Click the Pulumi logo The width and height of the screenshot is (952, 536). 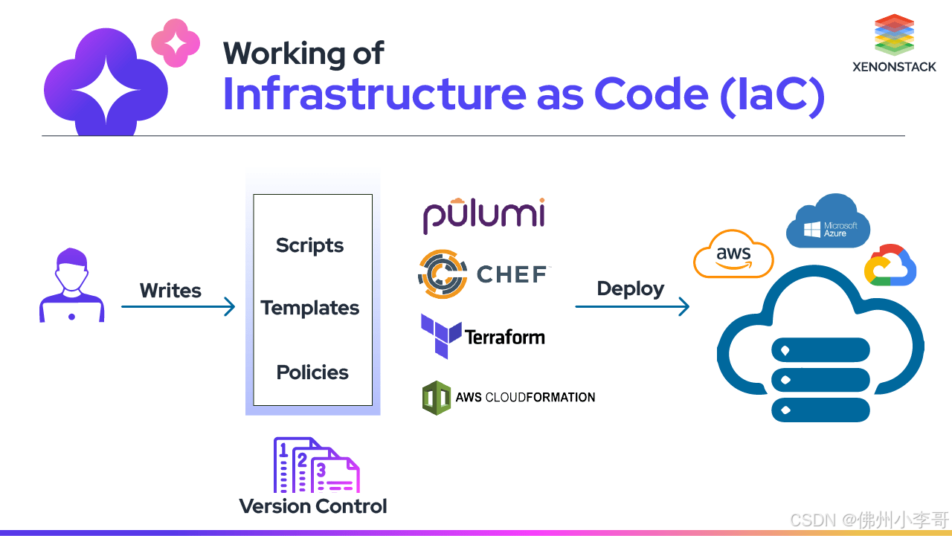click(x=484, y=215)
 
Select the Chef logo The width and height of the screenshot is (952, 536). click(x=483, y=274)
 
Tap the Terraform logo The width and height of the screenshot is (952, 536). click(x=483, y=337)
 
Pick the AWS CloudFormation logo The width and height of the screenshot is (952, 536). click(x=509, y=397)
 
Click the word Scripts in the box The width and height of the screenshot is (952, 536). click(x=310, y=245)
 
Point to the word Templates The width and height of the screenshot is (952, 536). click(x=310, y=308)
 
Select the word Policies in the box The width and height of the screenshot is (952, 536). click(x=312, y=372)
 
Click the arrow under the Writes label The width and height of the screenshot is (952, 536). click(x=178, y=306)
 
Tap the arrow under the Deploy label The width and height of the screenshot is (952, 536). click(x=632, y=306)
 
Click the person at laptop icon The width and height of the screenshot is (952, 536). click(x=71, y=285)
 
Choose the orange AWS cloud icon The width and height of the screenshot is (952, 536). click(x=733, y=254)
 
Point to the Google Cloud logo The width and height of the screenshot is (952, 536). click(x=890, y=265)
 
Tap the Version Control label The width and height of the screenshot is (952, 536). click(x=313, y=506)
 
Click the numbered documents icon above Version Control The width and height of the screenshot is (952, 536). click(x=316, y=465)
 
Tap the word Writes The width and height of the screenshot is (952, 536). click(x=170, y=291)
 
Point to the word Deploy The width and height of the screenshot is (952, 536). click(x=631, y=288)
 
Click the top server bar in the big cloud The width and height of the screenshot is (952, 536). click(x=821, y=350)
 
